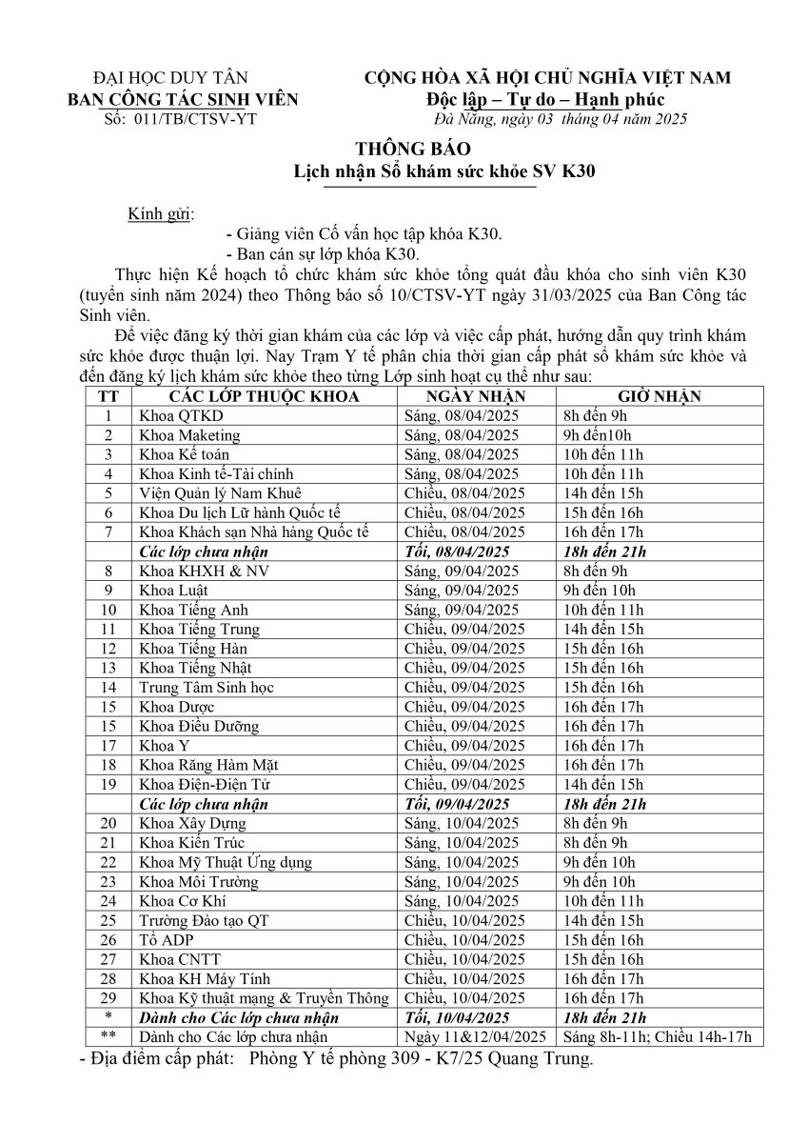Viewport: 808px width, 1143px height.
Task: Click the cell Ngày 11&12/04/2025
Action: pos(475,1036)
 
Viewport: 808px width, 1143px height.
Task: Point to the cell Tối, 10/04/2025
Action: pos(457,1017)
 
